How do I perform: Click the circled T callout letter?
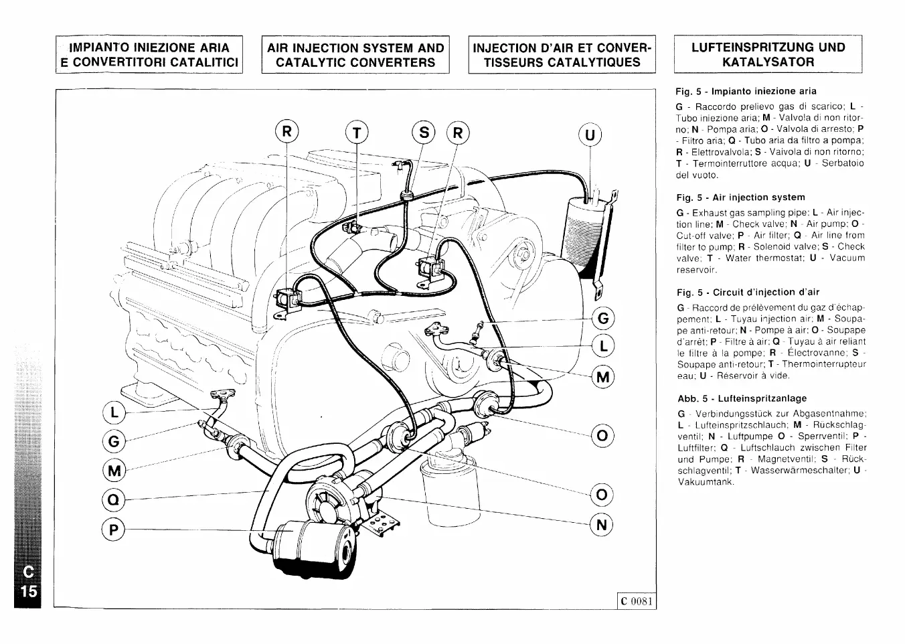click(357, 133)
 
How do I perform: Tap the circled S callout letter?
click(424, 133)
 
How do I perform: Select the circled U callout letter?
click(590, 136)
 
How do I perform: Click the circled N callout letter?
click(601, 525)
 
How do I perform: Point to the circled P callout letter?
click(114, 530)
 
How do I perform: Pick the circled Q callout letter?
click(114, 499)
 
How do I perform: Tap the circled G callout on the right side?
click(603, 318)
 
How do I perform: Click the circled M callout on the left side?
click(114, 471)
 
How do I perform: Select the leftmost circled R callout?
click(286, 132)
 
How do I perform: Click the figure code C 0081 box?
click(635, 600)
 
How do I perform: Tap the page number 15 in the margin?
click(28, 592)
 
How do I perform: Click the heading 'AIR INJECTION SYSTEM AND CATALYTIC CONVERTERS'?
click(355, 55)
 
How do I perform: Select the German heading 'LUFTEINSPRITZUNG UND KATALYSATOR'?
click(768, 55)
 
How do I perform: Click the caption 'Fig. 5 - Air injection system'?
click(740, 197)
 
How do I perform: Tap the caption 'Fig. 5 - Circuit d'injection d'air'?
click(748, 292)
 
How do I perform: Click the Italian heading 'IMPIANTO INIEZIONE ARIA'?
click(149, 48)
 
